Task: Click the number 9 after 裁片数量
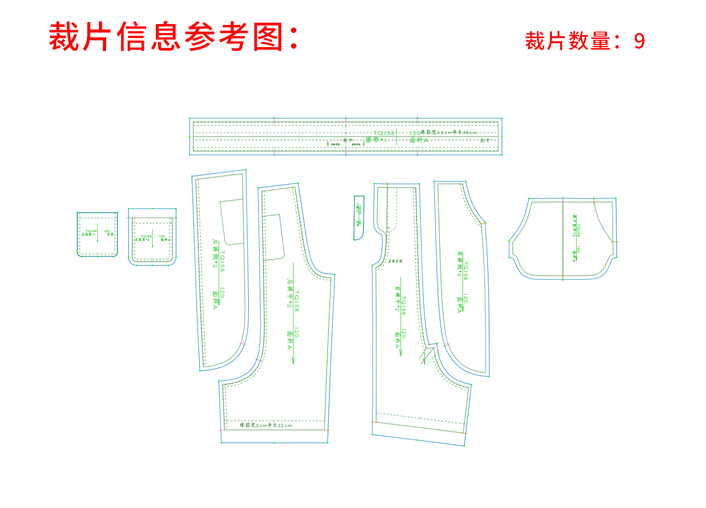coord(639,42)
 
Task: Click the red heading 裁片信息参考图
coord(173,37)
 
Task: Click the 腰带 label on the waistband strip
coord(373,139)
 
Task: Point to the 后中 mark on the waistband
coord(484,140)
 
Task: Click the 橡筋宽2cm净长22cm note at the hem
coord(266,425)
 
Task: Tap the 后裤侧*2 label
coord(215,254)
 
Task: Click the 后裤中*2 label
coord(290,293)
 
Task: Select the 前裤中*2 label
coord(397,298)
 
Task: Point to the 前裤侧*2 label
coord(459,264)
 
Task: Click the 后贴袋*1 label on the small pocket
coord(88,235)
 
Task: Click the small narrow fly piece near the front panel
coord(359,217)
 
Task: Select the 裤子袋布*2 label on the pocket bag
coord(574,225)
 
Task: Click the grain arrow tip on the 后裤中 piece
coord(293,363)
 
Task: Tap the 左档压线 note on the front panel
coord(395,261)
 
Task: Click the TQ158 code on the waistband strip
coord(384,133)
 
